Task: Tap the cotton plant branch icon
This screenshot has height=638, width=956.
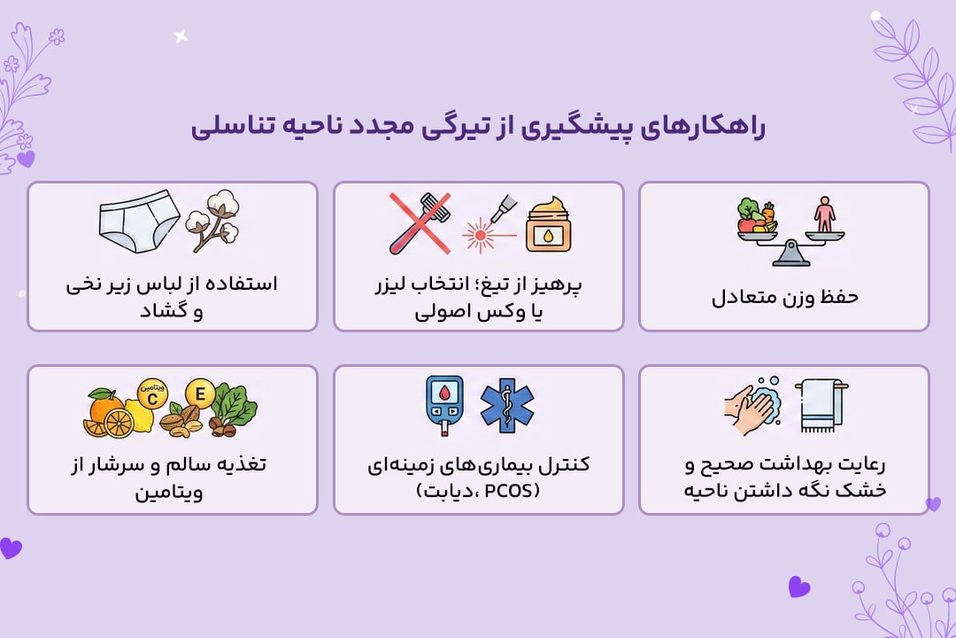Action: pyautogui.click(x=213, y=221)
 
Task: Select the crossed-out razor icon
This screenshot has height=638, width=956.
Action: pyautogui.click(x=420, y=223)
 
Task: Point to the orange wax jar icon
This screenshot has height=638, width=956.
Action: pyautogui.click(x=548, y=227)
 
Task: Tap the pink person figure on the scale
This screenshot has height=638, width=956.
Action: pyautogui.click(x=824, y=214)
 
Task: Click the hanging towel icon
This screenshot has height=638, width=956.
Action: pyautogui.click(x=820, y=406)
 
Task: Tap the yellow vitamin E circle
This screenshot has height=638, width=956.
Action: pyautogui.click(x=200, y=394)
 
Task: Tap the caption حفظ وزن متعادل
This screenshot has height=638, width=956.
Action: pyautogui.click(x=784, y=297)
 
